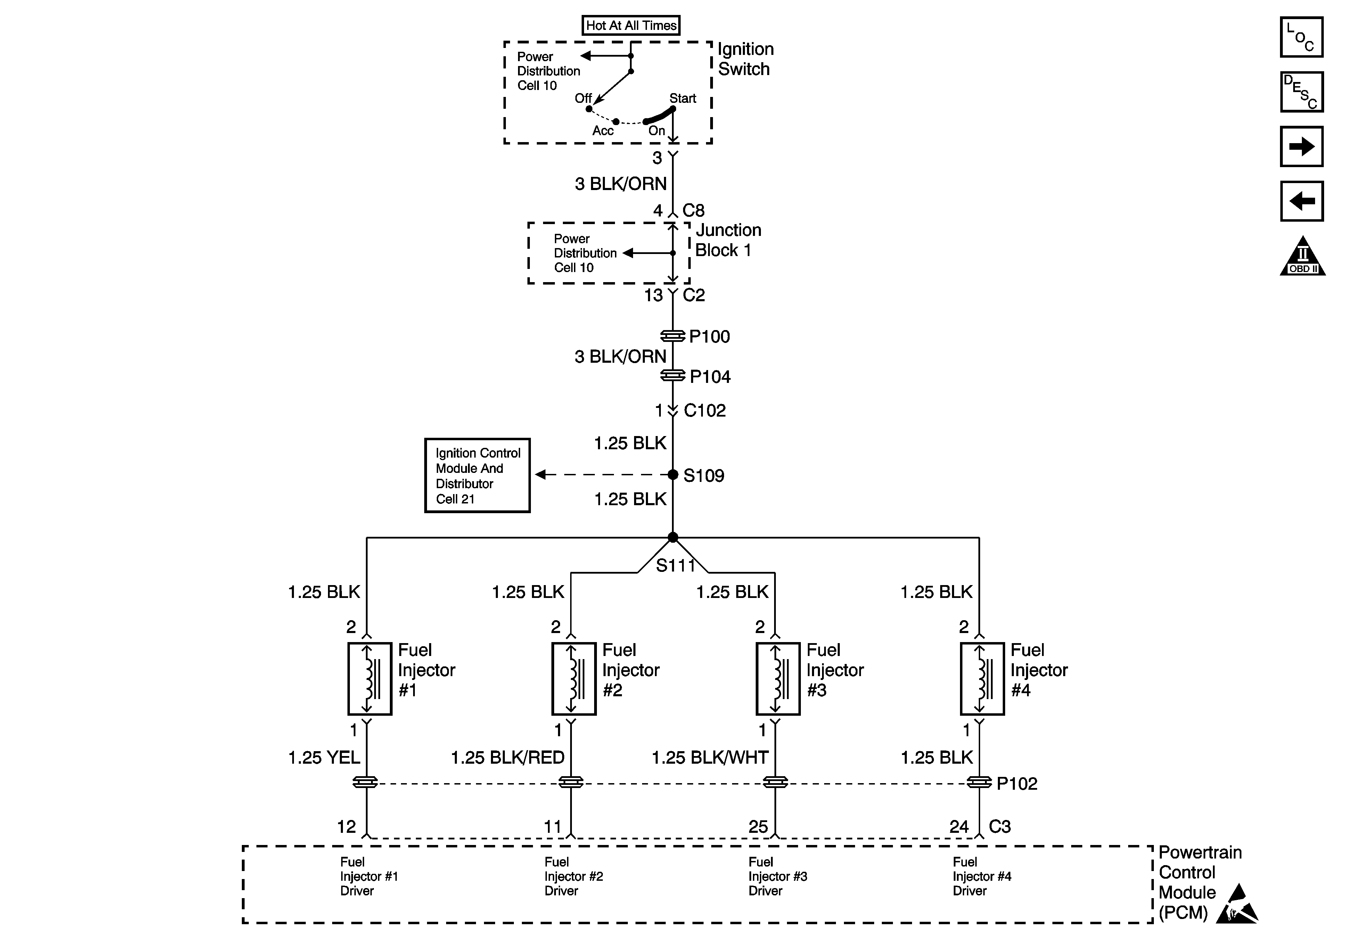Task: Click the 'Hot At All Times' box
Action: (x=631, y=25)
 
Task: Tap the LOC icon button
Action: (x=1302, y=37)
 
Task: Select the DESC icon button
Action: (x=1302, y=91)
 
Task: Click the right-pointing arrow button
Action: (x=1302, y=146)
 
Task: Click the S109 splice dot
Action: (x=673, y=474)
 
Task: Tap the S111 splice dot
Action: (x=673, y=537)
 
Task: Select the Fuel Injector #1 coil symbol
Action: (x=370, y=679)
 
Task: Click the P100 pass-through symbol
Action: (x=673, y=336)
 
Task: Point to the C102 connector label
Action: (x=705, y=410)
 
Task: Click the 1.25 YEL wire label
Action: (x=324, y=757)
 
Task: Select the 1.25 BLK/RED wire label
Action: (x=508, y=757)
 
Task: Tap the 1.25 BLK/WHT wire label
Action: (x=710, y=757)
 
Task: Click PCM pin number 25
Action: (x=758, y=827)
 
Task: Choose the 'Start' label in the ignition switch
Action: (x=683, y=99)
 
